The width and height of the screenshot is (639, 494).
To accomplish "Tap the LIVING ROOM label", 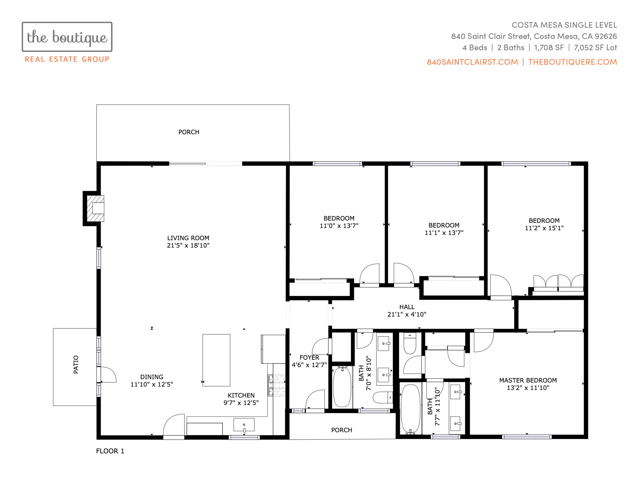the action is coord(188,238).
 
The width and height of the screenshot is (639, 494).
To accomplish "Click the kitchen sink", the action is coord(244,425).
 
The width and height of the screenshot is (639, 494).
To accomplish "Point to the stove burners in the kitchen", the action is coord(276,386).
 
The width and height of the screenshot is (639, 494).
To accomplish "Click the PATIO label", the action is coord(76,364).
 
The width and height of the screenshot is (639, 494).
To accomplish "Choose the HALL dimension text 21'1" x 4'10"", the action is coord(407,314).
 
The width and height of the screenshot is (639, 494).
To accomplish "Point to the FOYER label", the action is coord(309,357).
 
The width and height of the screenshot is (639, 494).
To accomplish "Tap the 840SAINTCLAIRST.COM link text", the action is coord(472,62).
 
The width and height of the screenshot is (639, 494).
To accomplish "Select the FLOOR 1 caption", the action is coord(110,451).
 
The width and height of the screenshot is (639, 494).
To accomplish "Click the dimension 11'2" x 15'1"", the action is coord(544,228).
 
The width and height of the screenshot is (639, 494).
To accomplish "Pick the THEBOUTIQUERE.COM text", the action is coord(573,62).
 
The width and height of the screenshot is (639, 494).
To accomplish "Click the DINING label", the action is coord(152,377).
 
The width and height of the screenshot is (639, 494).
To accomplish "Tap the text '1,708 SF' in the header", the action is coord(549,48).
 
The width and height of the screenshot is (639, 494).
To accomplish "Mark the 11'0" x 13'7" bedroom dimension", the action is coord(339,226).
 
